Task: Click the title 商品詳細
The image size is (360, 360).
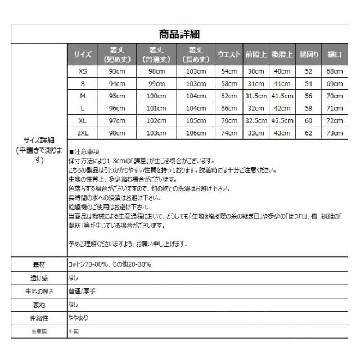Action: (x=180, y=35)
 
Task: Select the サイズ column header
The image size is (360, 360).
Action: (x=83, y=55)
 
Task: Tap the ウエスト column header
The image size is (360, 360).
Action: (x=229, y=55)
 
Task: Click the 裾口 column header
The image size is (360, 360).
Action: (x=335, y=55)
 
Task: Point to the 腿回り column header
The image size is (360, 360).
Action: (x=308, y=55)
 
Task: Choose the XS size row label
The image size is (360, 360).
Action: (x=83, y=71)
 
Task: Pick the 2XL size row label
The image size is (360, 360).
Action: (x=83, y=133)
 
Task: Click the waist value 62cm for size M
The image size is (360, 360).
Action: (x=229, y=96)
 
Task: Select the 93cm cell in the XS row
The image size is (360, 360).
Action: (x=117, y=71)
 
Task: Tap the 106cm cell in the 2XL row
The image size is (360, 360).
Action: (x=195, y=133)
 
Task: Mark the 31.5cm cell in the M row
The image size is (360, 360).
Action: (x=255, y=96)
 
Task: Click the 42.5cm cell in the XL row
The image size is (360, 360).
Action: (x=282, y=120)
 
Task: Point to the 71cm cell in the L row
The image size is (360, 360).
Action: (x=335, y=108)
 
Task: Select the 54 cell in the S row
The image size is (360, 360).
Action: (x=308, y=84)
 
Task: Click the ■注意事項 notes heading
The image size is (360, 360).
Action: (x=84, y=151)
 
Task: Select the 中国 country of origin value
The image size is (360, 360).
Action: (x=74, y=331)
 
